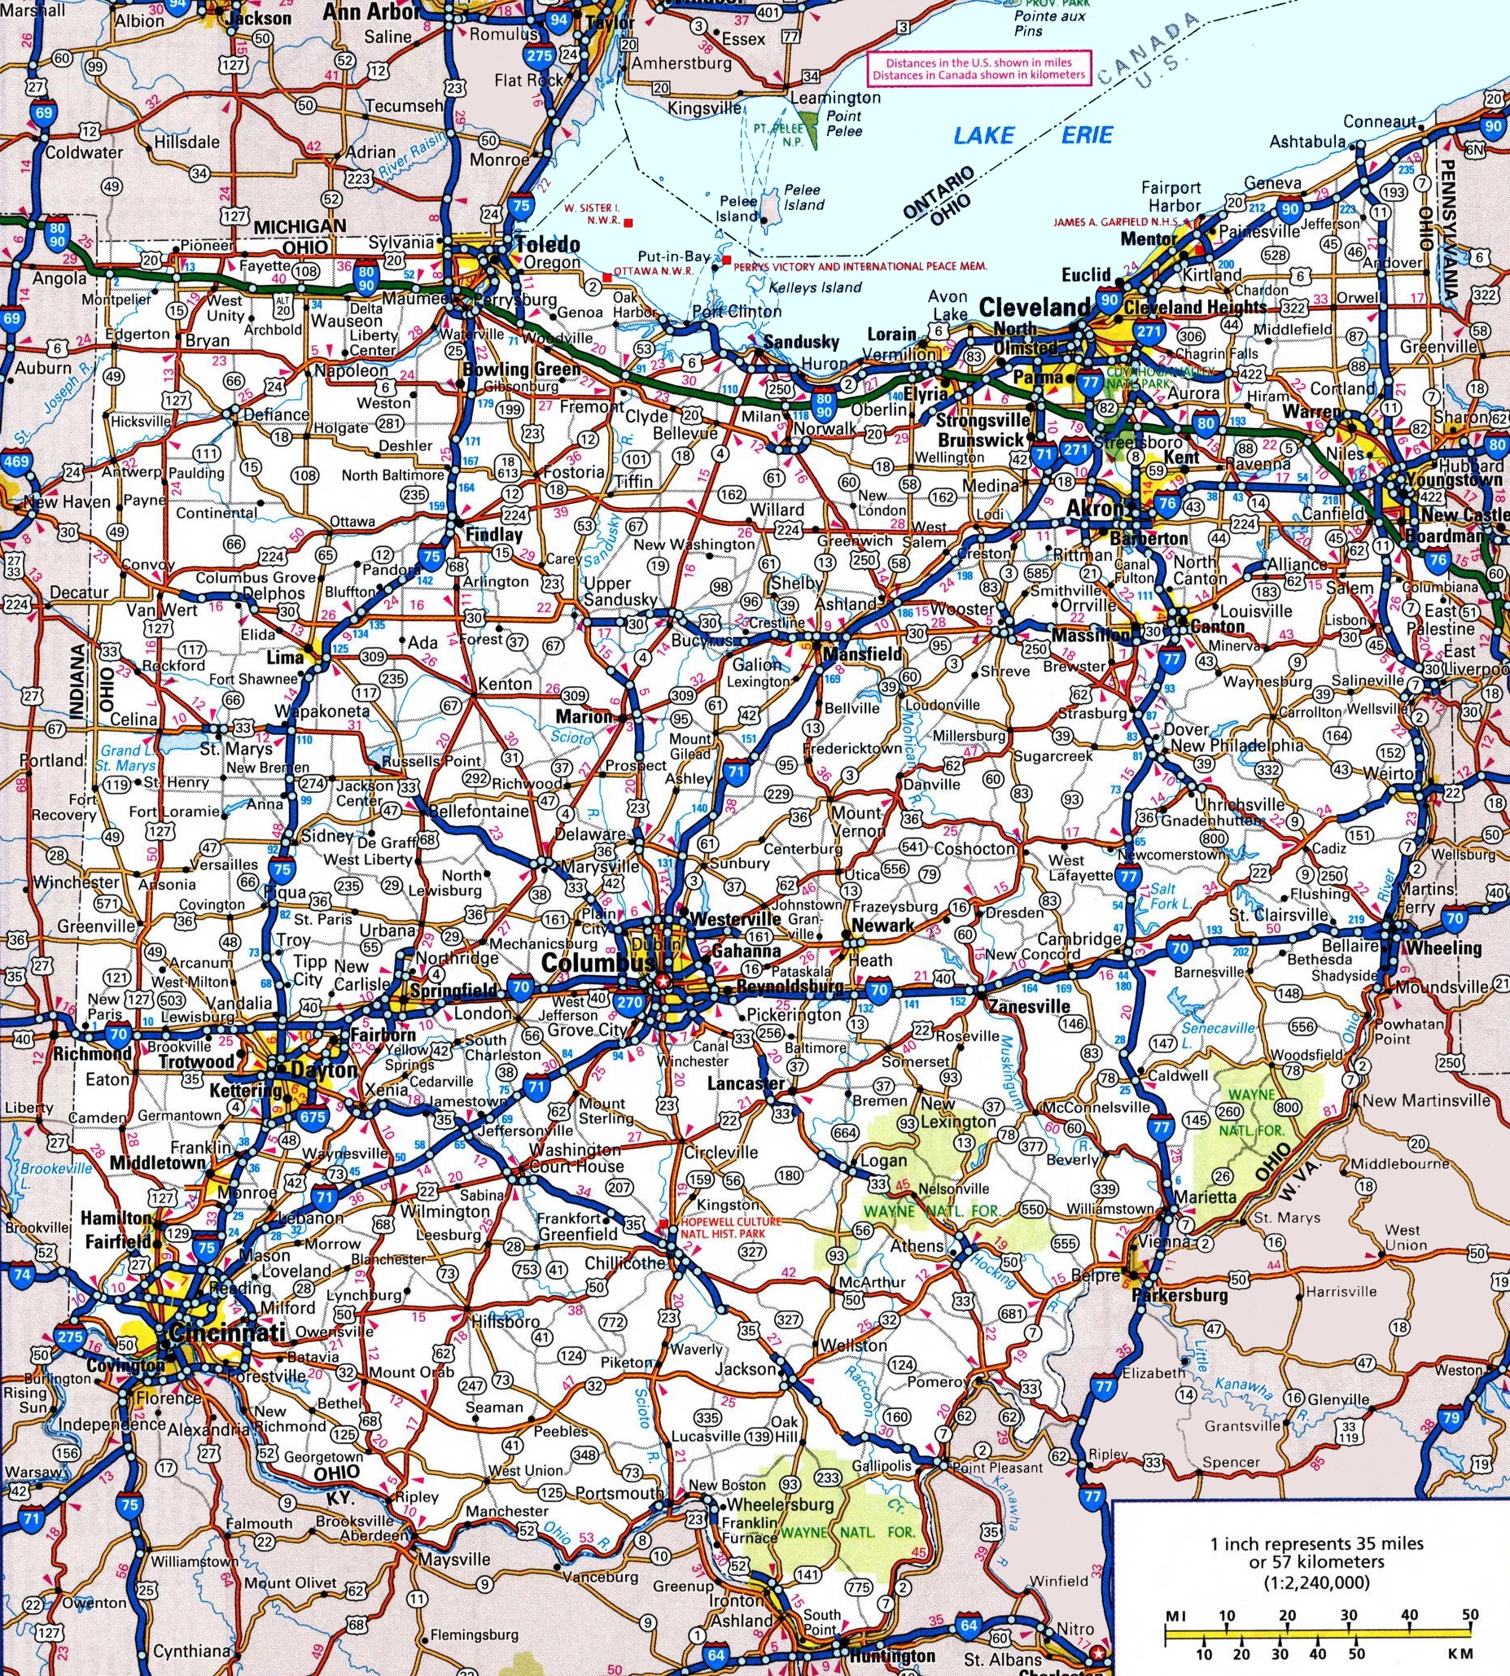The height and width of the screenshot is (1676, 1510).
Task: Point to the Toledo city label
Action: (x=548, y=245)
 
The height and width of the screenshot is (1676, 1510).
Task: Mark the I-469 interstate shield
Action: (x=16, y=462)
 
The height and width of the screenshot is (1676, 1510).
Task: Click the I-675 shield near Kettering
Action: (x=313, y=1118)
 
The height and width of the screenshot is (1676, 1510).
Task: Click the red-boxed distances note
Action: (x=978, y=68)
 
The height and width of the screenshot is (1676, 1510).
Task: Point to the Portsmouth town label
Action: (x=619, y=1493)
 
